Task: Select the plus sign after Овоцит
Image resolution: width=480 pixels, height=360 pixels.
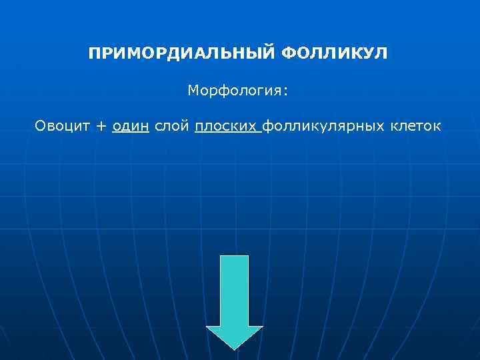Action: point(101,127)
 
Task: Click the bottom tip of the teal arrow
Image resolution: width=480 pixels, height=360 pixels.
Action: point(235,348)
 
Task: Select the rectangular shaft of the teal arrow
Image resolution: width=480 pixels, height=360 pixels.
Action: point(235,290)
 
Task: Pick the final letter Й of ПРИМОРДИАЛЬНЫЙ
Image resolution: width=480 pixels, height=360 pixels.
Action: point(269,52)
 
